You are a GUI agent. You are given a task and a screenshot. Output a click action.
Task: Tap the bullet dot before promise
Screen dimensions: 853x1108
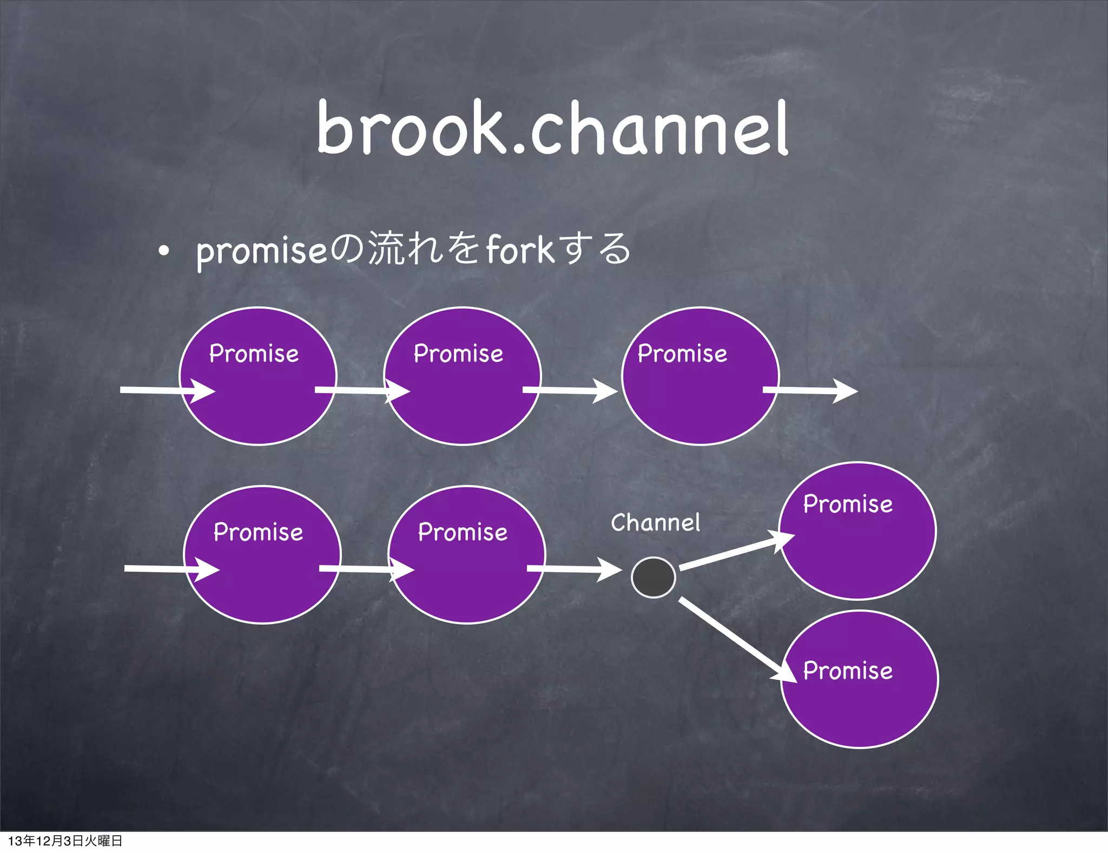[164, 252]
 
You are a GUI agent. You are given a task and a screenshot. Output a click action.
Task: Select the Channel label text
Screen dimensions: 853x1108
[655, 522]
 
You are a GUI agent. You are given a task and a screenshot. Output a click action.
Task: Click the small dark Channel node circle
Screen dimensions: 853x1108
[653, 578]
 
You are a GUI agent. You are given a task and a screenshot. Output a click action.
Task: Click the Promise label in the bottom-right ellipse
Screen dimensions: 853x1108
[847, 671]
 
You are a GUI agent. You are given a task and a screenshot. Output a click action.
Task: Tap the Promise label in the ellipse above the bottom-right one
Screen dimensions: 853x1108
[847, 504]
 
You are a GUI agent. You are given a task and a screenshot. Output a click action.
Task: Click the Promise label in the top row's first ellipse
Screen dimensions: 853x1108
[254, 353]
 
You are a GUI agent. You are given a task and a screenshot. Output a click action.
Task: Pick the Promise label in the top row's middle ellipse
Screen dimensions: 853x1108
[458, 353]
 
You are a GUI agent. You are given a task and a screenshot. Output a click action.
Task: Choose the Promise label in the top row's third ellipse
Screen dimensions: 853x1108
[682, 353]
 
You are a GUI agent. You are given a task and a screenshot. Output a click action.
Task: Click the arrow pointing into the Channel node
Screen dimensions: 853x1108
[573, 569]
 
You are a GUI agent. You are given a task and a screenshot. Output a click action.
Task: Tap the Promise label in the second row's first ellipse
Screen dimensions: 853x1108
[258, 532]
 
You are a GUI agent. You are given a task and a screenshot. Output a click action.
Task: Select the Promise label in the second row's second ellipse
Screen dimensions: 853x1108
[463, 532]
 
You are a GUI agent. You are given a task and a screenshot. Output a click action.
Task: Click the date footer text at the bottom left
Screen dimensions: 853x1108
[65, 841]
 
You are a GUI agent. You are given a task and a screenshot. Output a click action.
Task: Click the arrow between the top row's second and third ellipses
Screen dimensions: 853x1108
[569, 390]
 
